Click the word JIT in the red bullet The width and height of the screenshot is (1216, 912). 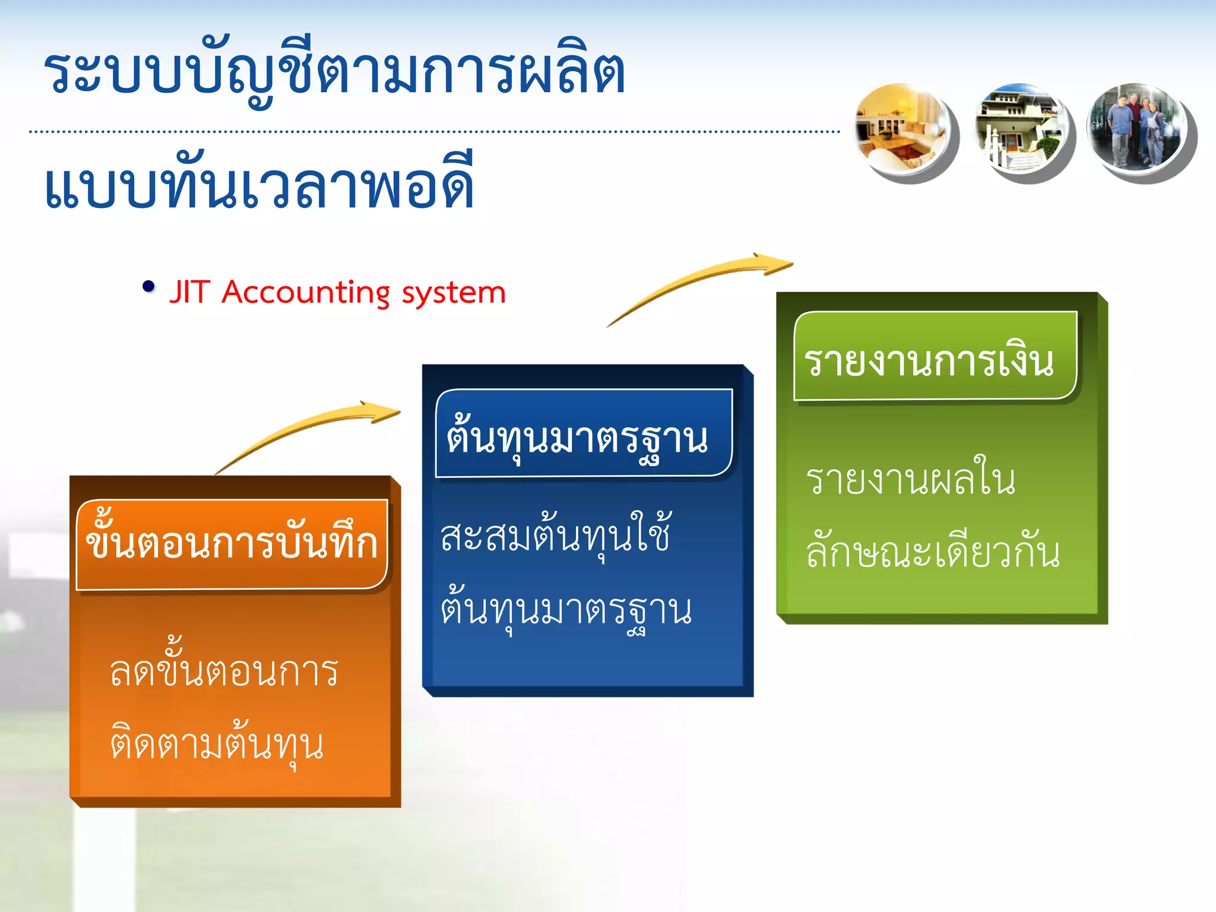tap(189, 293)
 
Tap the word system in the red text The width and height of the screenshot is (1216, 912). tap(454, 293)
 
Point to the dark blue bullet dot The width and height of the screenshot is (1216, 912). tap(148, 287)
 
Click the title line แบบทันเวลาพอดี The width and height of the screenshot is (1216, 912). tap(259, 186)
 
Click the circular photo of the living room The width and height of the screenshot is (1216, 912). tap(900, 128)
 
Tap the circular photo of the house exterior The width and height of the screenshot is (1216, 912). tap(1019, 128)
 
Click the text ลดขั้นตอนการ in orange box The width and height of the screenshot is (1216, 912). tap(224, 671)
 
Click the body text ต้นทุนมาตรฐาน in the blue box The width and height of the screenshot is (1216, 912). tap(566, 610)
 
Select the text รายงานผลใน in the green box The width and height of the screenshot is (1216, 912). tap(910, 480)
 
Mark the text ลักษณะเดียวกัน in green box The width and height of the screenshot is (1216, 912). tap(933, 552)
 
